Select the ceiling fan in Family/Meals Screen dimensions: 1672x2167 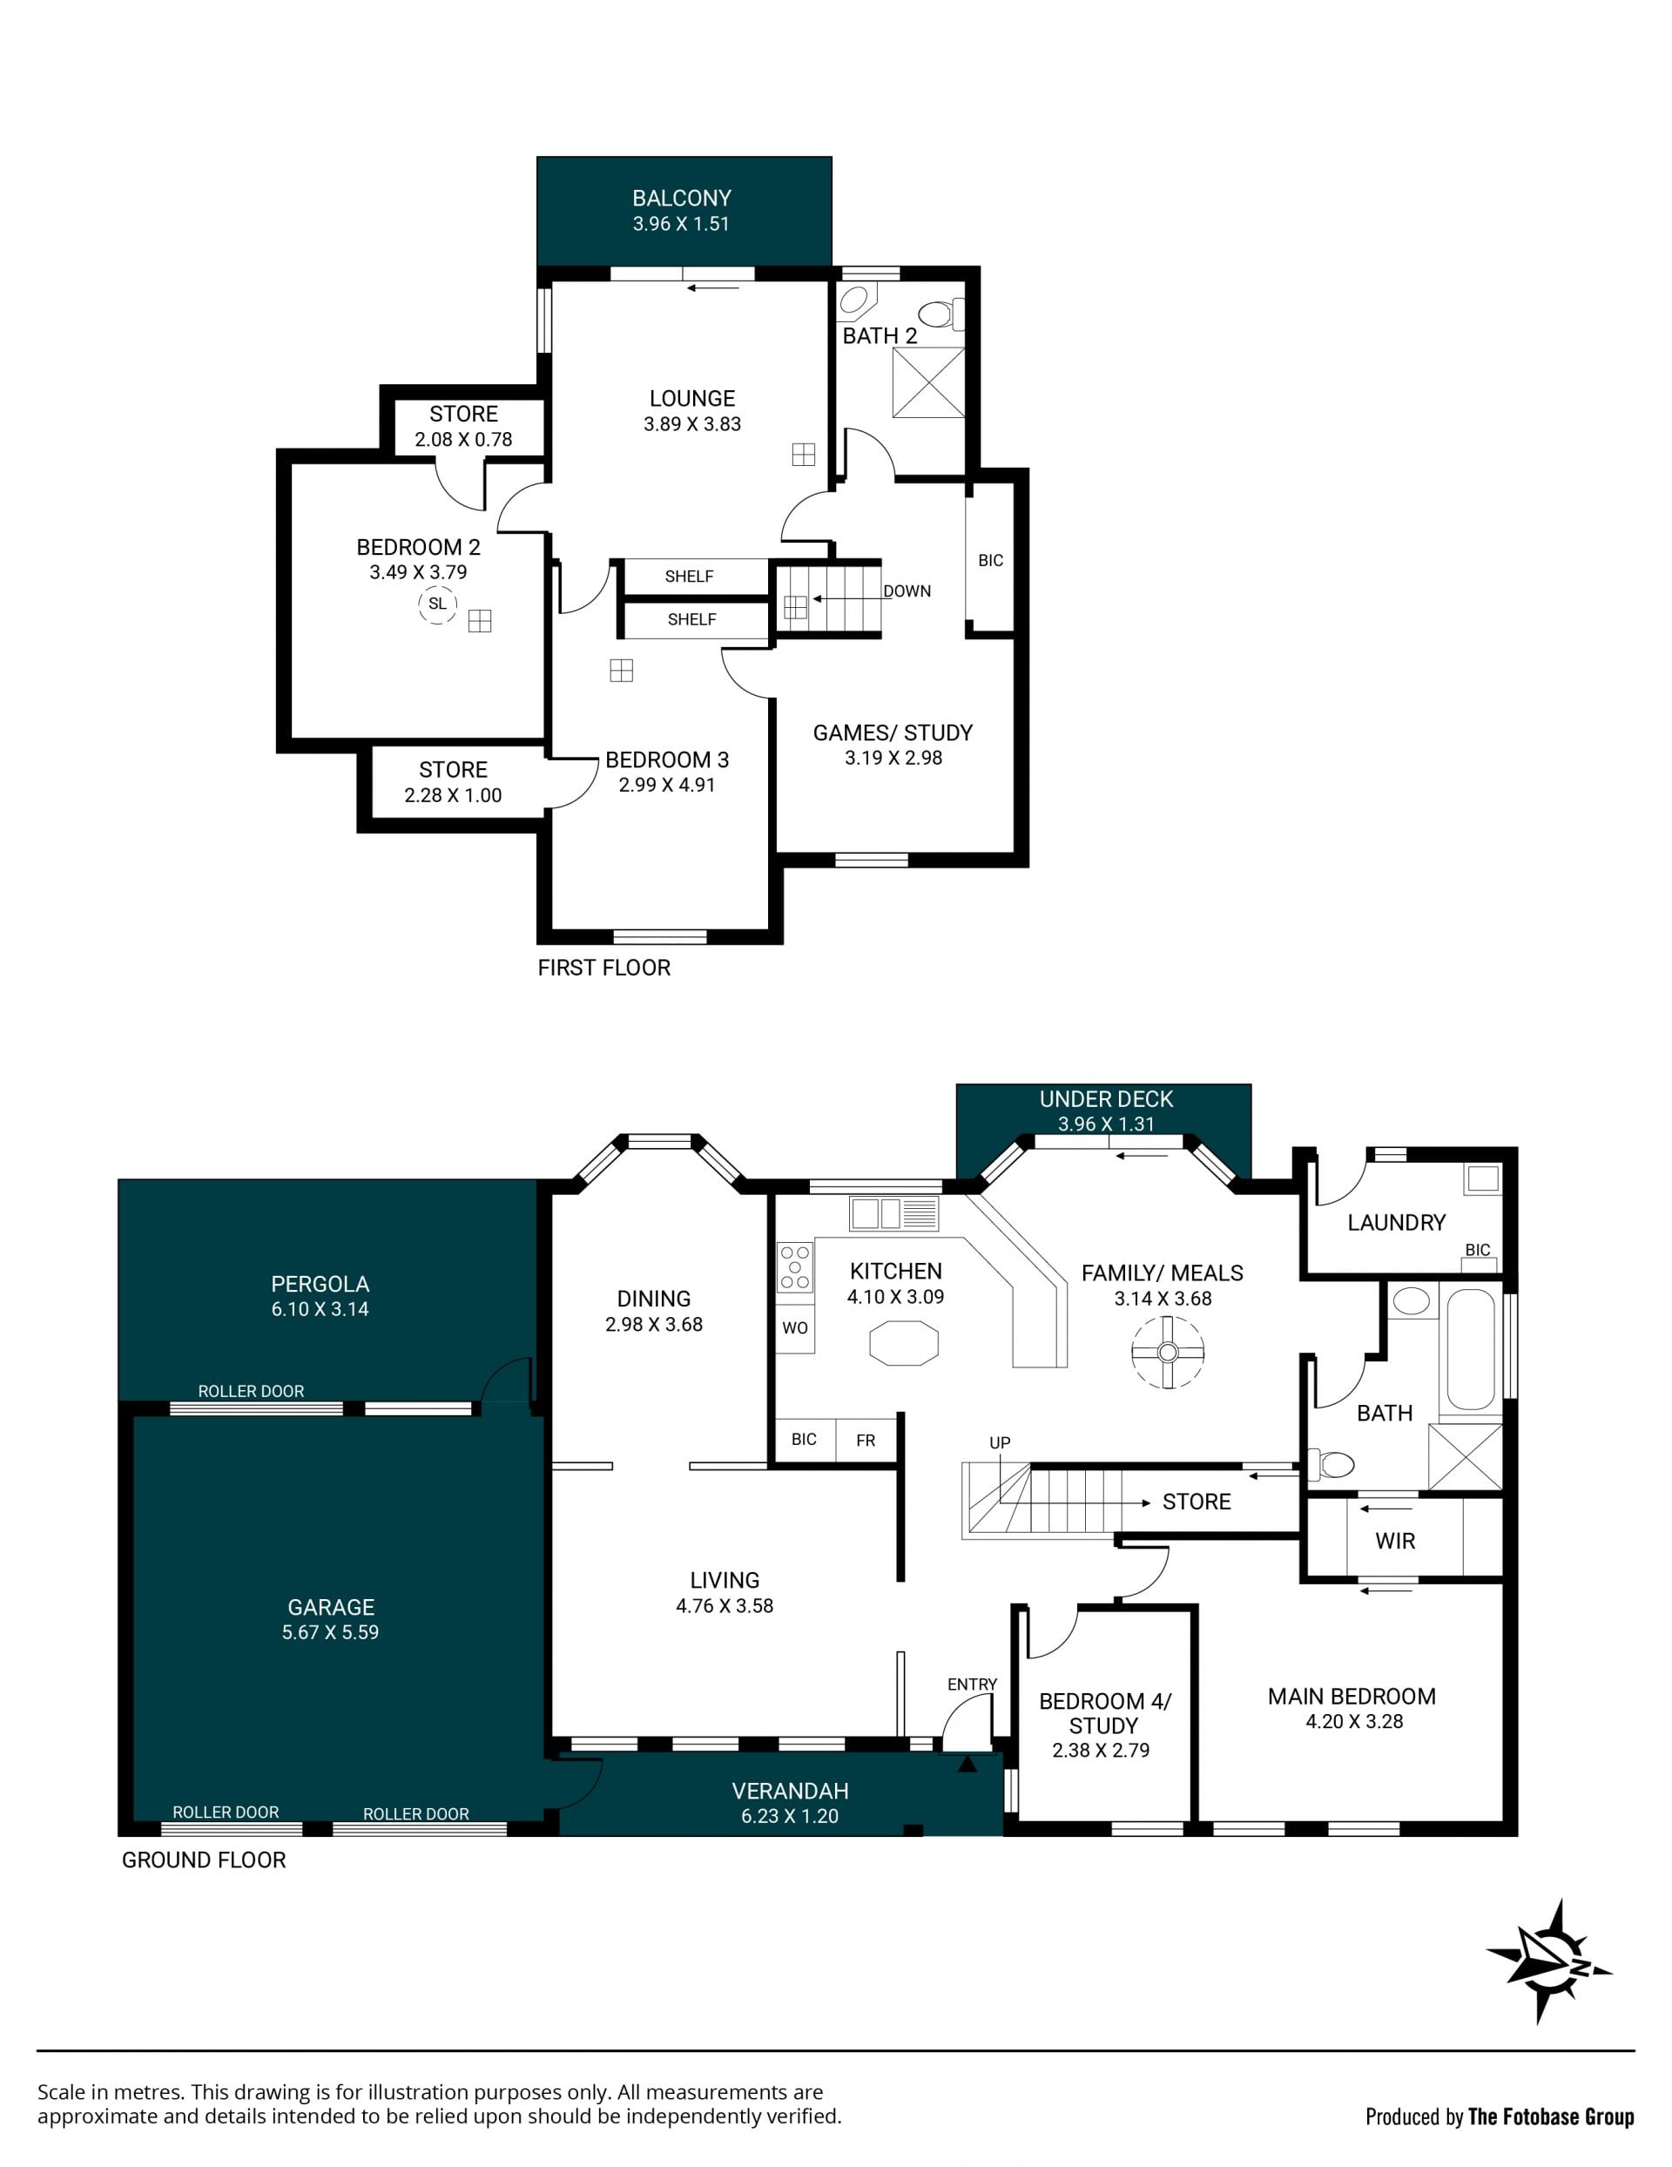pyautogui.click(x=1167, y=1353)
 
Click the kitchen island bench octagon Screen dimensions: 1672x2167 pyautogui.click(x=903, y=1343)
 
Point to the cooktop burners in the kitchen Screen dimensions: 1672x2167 pyautogui.click(x=795, y=1268)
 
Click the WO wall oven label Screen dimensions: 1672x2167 pyautogui.click(x=795, y=1327)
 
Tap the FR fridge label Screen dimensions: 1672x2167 pyautogui.click(x=866, y=1440)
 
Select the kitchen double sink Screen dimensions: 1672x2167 pyautogui.click(x=893, y=1213)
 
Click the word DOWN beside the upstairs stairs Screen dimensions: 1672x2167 pyautogui.click(x=907, y=591)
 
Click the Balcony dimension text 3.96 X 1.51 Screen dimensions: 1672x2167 pyautogui.click(x=682, y=224)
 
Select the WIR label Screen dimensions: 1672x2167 pyautogui.click(x=1395, y=1541)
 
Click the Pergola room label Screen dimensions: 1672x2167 pyautogui.click(x=320, y=1284)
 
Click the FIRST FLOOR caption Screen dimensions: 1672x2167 pyautogui.click(x=604, y=968)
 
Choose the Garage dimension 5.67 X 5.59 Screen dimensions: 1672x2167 pyautogui.click(x=330, y=1632)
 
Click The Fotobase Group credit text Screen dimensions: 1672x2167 pyautogui.click(x=1551, y=2117)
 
